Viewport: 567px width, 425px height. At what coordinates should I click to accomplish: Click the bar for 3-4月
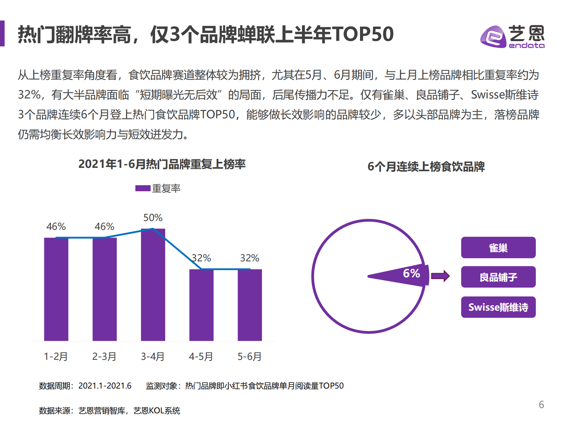[x=153, y=285]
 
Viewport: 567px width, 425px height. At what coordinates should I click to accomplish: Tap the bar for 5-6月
[x=250, y=305]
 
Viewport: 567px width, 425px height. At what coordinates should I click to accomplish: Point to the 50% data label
[x=153, y=217]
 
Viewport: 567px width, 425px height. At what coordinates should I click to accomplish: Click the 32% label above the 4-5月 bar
[x=201, y=258]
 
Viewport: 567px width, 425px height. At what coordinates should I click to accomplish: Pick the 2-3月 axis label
[x=104, y=356]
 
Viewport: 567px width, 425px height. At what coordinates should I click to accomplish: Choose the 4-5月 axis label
[x=201, y=356]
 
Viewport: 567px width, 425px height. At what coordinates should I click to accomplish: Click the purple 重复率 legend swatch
[x=143, y=188]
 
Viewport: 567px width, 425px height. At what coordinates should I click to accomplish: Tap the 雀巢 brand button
[x=498, y=248]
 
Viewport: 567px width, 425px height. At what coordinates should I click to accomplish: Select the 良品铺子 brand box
[x=498, y=277]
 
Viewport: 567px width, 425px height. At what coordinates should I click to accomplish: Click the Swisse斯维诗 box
[x=498, y=307]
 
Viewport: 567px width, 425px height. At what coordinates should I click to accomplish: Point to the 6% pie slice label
[x=411, y=273]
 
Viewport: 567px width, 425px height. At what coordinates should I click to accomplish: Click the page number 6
[x=541, y=404]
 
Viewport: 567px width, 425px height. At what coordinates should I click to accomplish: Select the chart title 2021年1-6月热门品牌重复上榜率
[x=162, y=164]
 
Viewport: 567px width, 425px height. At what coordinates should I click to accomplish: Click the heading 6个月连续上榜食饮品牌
[x=426, y=166]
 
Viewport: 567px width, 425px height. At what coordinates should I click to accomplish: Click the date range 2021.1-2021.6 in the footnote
[x=105, y=386]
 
